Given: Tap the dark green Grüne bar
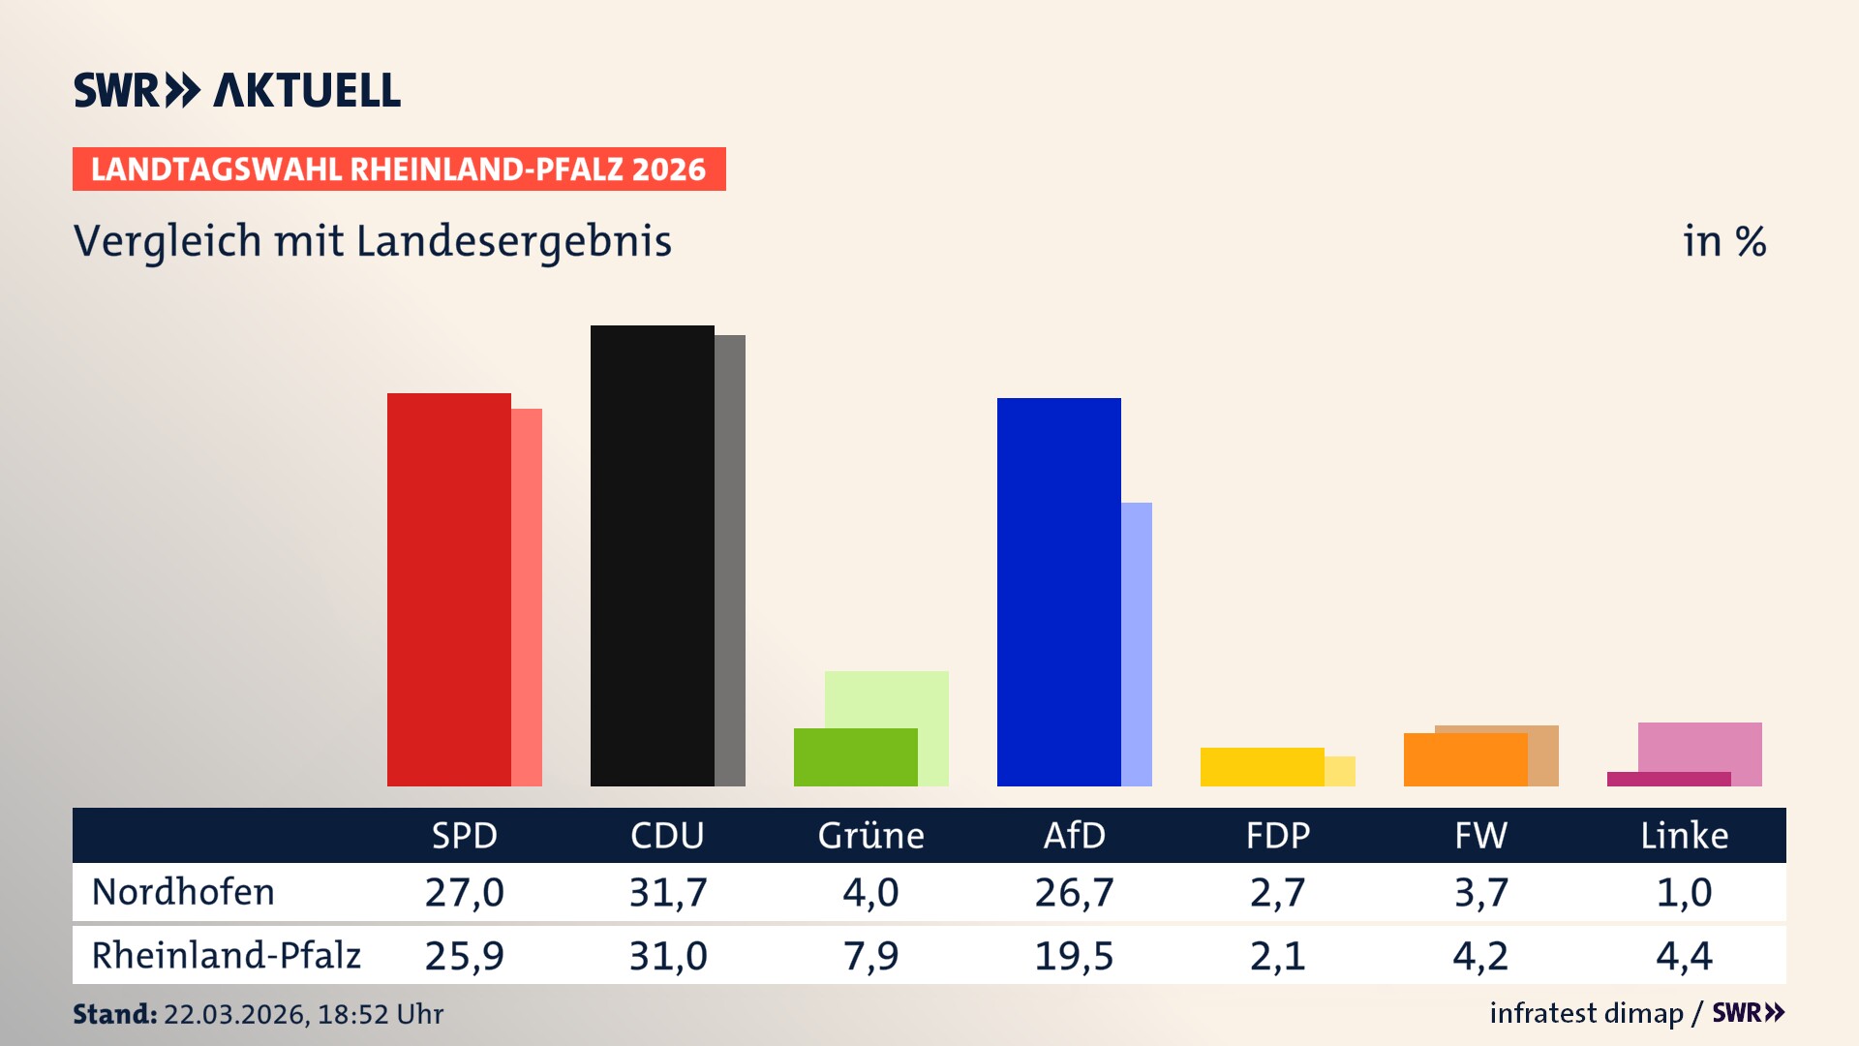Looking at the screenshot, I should click(x=855, y=757).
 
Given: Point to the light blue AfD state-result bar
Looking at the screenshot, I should click(x=1137, y=644).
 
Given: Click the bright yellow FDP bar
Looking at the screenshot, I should click(x=1262, y=767).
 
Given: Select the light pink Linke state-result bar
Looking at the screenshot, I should click(x=1700, y=746).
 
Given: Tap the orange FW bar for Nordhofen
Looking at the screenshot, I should click(x=1465, y=760).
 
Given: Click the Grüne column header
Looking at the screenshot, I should click(x=870, y=836).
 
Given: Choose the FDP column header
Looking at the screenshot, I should click(x=1277, y=836).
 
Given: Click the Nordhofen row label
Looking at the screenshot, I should click(x=183, y=892).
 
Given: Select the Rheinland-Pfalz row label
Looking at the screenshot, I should click(x=226, y=956).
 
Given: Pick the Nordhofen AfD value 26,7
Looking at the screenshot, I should click(x=1074, y=892).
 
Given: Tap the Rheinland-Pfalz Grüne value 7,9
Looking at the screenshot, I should click(x=870, y=956).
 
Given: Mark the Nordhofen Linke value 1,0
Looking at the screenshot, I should click(x=1684, y=892).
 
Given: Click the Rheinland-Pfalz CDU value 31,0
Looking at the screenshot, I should click(x=668, y=956).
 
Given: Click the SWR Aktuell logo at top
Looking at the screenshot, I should click(x=237, y=90).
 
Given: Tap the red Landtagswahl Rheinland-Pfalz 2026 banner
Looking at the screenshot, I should click(x=399, y=169).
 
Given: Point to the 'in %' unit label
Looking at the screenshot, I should click(x=1723, y=242).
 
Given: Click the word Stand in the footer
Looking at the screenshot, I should click(x=114, y=1014).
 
